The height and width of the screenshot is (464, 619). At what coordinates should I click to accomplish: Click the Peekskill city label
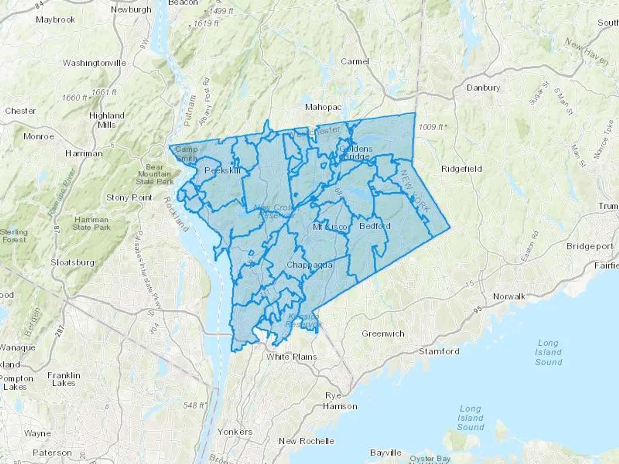pos(222,170)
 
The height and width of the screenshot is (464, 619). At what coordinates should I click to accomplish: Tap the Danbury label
pos(483,88)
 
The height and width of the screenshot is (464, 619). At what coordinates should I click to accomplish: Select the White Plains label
pos(291,357)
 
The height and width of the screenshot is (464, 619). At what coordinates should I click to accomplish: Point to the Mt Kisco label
pos(330,227)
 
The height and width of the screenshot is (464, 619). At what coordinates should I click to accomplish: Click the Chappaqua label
pos(309,265)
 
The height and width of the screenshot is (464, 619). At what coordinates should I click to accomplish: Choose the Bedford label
pos(375,226)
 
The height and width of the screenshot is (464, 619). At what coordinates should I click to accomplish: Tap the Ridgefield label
pos(461,169)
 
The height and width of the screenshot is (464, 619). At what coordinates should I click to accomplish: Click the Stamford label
pos(439,351)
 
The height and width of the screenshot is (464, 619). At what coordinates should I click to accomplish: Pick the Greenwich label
pos(383,333)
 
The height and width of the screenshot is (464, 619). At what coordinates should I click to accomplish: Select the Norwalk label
pos(509,296)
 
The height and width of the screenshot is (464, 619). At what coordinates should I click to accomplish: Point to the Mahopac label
pos(323,107)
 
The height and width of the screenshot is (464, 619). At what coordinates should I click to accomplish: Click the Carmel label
pos(355,62)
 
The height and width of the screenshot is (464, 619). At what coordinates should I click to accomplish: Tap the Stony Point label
pos(129,198)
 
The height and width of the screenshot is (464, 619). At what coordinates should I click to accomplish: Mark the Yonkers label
pos(235,432)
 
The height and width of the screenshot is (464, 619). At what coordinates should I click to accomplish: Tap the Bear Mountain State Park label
pos(154,174)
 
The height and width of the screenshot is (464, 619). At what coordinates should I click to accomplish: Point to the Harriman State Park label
pos(91,223)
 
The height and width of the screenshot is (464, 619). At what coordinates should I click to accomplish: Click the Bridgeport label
pos(590,246)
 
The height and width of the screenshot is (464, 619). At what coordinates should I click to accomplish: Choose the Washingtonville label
pos(94,63)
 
